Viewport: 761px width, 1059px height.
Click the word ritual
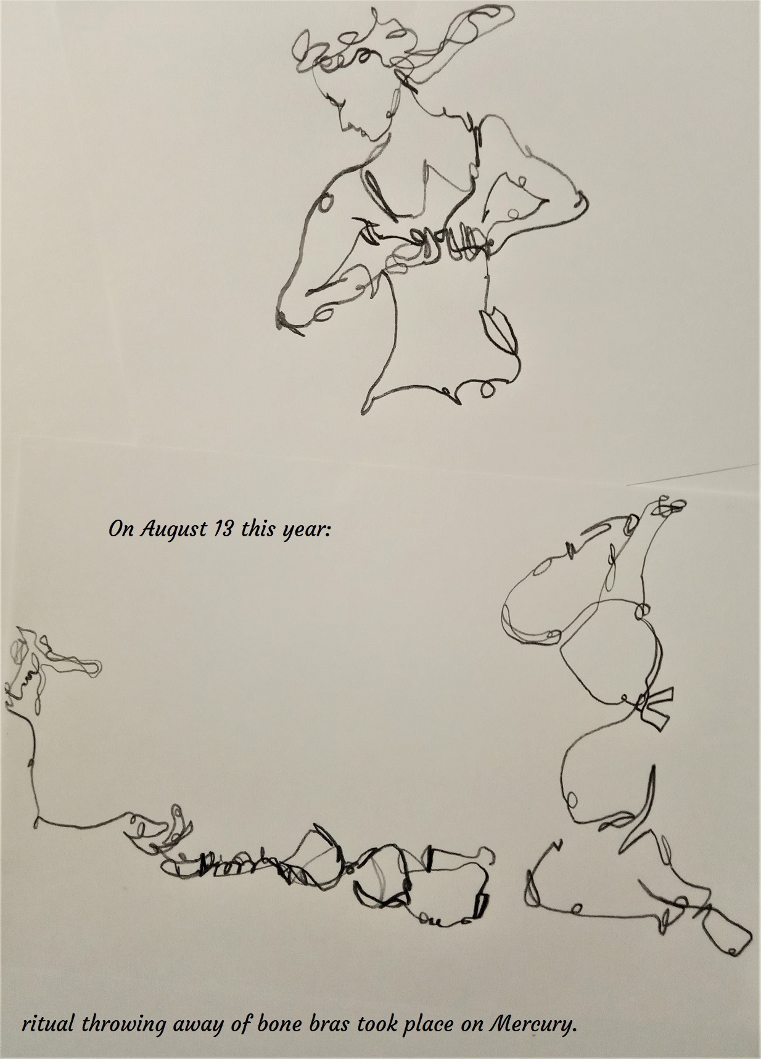click(49, 1025)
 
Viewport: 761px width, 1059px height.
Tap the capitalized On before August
click(121, 529)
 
